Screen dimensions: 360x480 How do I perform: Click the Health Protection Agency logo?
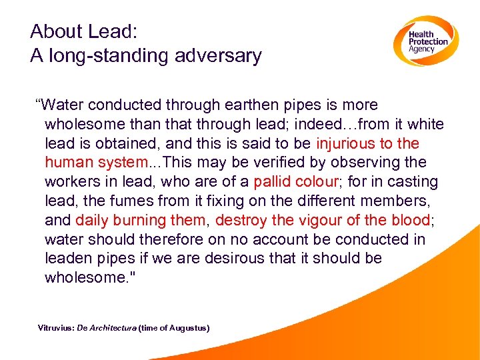(425, 41)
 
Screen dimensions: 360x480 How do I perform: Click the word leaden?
(69, 258)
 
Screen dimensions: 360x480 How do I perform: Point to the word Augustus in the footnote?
(188, 328)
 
